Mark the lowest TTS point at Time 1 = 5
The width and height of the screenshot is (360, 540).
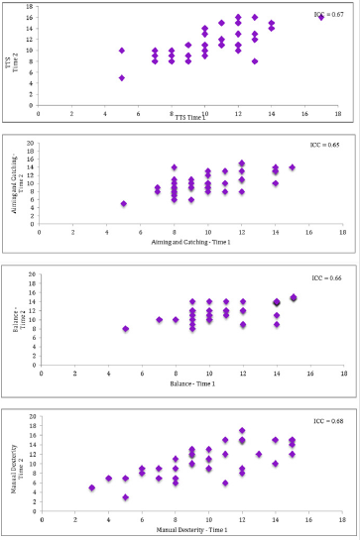click(122, 77)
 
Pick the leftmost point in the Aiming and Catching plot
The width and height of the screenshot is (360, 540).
click(123, 204)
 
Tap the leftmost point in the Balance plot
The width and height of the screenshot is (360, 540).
click(124, 329)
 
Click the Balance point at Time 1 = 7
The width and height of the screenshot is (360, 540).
click(159, 319)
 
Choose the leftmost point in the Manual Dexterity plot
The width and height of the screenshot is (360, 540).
click(91, 487)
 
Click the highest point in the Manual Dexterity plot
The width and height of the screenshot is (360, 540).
click(241, 431)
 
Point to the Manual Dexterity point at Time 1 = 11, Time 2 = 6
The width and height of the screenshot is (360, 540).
click(225, 484)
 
